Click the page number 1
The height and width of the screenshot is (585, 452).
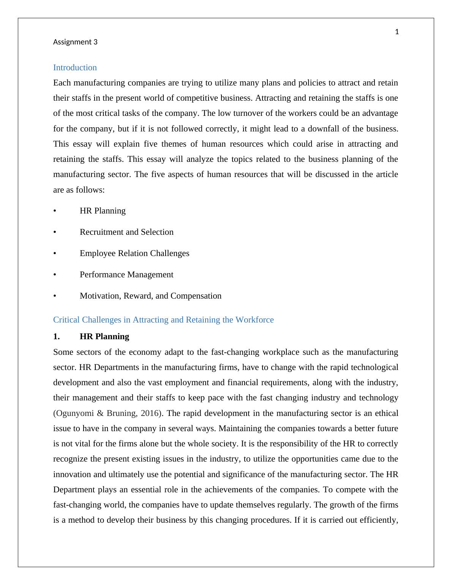pos(397,32)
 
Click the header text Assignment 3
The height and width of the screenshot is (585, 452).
pos(75,42)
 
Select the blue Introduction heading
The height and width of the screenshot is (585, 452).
pos(75,68)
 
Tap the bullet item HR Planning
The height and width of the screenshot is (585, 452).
pos(103,211)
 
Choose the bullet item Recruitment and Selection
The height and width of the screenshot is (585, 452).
pos(126,232)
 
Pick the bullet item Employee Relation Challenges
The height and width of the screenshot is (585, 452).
pos(134,253)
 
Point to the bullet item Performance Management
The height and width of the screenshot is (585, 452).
pos(126,275)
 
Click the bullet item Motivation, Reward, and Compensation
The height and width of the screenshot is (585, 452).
pos(150,296)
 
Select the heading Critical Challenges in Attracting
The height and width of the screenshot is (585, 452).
pos(163,320)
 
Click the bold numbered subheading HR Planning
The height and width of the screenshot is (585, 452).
pos(104,337)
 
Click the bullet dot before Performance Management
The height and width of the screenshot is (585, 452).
pos(55,275)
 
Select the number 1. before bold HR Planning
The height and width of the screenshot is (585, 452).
pos(57,337)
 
